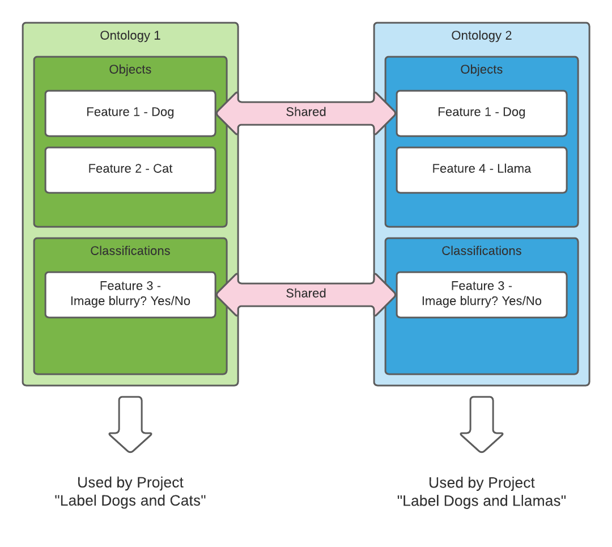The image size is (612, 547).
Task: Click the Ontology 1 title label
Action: point(130,36)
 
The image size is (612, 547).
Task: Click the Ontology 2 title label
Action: point(482,36)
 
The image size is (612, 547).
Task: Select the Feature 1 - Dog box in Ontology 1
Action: point(130,113)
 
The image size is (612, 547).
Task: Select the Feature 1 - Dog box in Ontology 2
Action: point(482,113)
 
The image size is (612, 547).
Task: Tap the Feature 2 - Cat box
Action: point(130,169)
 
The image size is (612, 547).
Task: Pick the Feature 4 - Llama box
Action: point(482,169)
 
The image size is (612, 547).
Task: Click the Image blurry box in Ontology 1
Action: point(130,294)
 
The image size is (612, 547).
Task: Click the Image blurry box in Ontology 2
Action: point(482,294)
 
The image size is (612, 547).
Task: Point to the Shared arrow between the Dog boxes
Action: point(306,113)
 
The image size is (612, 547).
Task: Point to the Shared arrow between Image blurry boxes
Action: point(306,294)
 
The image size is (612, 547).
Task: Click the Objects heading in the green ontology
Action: point(130,70)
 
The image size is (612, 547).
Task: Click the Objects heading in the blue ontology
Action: point(482,70)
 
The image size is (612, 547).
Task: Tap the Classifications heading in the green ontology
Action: point(130,251)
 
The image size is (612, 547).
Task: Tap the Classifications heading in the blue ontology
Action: point(482,251)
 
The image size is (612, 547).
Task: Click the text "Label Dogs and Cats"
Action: point(130,501)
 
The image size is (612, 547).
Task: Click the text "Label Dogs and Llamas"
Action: point(482,501)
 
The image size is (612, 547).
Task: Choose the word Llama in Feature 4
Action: point(514,169)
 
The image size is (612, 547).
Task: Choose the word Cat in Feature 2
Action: point(163,169)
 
